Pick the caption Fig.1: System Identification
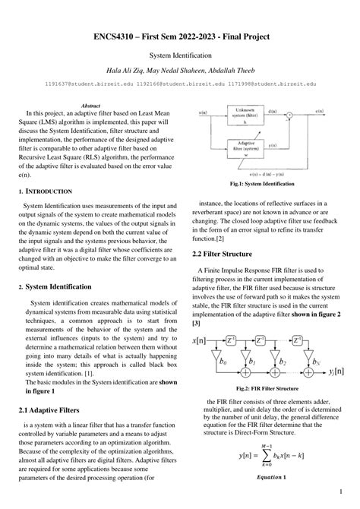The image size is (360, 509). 261,184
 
